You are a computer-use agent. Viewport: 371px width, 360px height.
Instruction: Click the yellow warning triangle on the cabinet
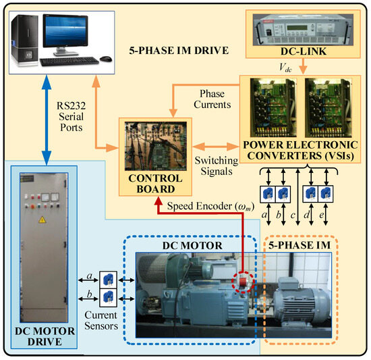click(42, 220)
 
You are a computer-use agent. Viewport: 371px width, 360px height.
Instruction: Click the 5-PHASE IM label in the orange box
click(306, 247)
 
